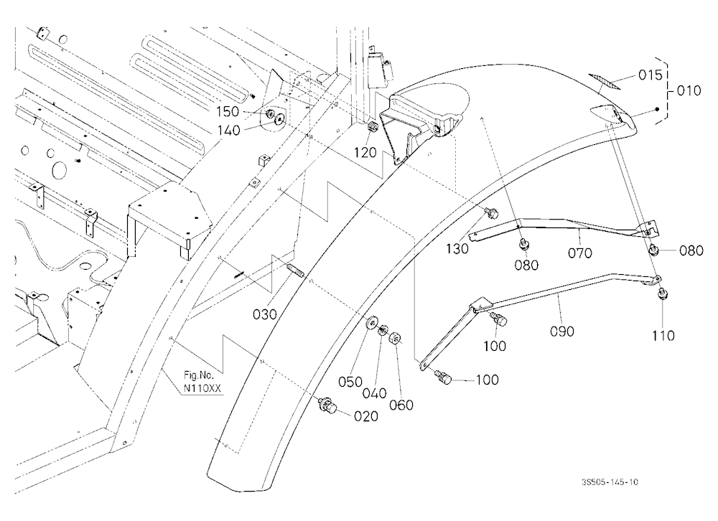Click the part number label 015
[651, 75]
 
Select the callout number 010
[689, 90]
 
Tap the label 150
[228, 112]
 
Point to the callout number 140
[229, 131]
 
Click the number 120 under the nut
[365, 152]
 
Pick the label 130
[457, 248]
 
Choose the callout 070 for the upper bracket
[579, 253]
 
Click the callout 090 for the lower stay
[562, 331]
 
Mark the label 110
[663, 336]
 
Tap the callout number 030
[265, 314]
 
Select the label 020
[366, 416]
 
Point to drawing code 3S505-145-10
[610, 482]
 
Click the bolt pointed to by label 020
[328, 405]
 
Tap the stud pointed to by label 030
[295, 270]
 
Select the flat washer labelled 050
[370, 321]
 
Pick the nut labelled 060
[395, 339]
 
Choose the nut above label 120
[373, 127]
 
